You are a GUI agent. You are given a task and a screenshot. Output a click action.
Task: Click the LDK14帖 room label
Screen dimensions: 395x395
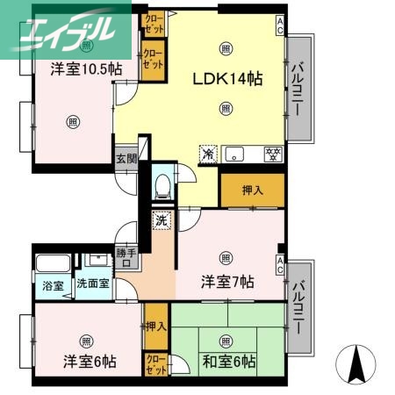click(228, 78)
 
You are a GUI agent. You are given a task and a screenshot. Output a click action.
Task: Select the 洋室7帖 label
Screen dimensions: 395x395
click(227, 283)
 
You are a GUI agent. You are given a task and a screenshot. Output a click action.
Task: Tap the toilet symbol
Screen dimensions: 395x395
click(162, 185)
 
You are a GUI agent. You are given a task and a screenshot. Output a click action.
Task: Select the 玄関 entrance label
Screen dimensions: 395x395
click(126, 159)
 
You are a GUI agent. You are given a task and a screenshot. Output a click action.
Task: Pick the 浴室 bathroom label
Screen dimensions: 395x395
click(53, 286)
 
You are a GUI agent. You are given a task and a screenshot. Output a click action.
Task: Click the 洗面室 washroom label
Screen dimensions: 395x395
click(92, 285)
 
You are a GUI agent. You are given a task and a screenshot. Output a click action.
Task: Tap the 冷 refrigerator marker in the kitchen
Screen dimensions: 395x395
click(208, 154)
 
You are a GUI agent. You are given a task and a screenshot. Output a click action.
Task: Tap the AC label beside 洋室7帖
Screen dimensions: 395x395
click(280, 261)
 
